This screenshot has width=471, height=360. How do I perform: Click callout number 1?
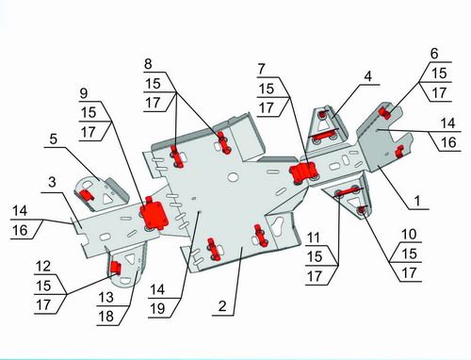(417, 201)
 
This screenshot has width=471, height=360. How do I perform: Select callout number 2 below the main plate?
(222, 306)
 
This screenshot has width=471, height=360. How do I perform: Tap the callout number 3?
(52, 183)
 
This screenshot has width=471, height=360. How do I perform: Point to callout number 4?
(368, 76)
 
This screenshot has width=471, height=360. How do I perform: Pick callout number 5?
(54, 139)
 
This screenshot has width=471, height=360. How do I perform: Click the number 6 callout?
(434, 54)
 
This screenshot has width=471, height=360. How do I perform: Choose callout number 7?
(262, 69)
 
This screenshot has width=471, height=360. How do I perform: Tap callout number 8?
(148, 64)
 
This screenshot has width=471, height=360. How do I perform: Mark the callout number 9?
(84, 93)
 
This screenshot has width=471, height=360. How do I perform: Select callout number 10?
(409, 234)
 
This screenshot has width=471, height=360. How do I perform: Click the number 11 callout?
(314, 237)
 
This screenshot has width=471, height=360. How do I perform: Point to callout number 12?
(43, 267)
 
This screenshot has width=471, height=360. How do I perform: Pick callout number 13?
(106, 297)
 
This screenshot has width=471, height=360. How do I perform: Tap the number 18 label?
(106, 317)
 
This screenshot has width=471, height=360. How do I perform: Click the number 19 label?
(157, 309)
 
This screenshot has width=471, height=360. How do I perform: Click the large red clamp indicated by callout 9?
(154, 214)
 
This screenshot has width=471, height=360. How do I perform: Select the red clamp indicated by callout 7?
(303, 172)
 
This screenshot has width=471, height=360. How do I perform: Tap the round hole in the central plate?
(233, 177)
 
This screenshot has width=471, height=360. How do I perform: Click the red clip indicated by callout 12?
(115, 268)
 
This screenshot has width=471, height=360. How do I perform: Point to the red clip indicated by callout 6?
(384, 113)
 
